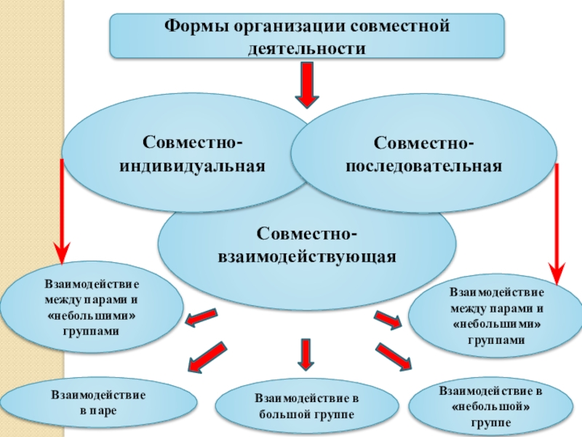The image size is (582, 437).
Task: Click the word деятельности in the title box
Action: pos(306,48)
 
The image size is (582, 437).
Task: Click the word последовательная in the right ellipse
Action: pos(424,166)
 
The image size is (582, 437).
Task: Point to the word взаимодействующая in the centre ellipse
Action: pos(307,257)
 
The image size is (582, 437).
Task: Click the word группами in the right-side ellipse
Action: pos(496,340)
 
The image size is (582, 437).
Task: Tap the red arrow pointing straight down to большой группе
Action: pos(306,353)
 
